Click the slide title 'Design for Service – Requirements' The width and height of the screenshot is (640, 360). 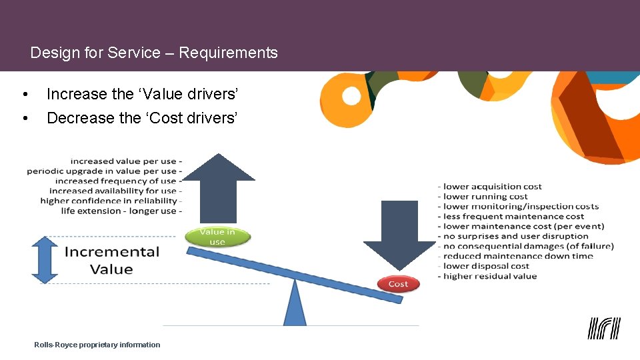click(x=154, y=53)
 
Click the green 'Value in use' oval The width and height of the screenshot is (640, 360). click(x=217, y=237)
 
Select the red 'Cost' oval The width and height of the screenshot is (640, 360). click(x=398, y=284)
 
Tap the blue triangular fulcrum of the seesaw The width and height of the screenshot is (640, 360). click(x=295, y=304)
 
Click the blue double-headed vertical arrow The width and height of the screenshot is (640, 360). click(x=45, y=260)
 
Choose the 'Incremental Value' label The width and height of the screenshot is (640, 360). click(x=111, y=261)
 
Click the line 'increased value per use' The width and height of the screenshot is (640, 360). click(x=125, y=161)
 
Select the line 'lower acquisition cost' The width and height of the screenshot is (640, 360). click(x=491, y=187)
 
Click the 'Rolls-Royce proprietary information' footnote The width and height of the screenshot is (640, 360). click(x=97, y=345)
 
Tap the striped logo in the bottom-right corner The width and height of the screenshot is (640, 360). click(x=604, y=328)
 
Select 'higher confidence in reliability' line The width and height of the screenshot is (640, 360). click(x=110, y=201)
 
